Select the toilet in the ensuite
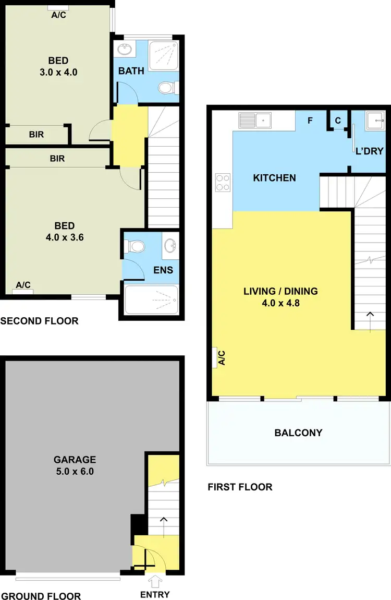pyautogui.click(x=137, y=245)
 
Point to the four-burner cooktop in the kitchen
pyautogui.click(x=223, y=182)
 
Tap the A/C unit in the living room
pyautogui.click(x=215, y=357)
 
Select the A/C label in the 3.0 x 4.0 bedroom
pyautogui.click(x=58, y=15)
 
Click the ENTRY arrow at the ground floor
pyautogui.click(x=155, y=580)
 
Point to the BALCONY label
pyautogui.click(x=298, y=433)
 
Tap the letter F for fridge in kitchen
pyautogui.click(x=310, y=121)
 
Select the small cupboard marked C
pyautogui.click(x=338, y=121)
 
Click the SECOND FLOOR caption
pyautogui.click(x=39, y=321)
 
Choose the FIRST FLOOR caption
pyautogui.click(x=240, y=487)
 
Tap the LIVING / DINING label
pyautogui.click(x=280, y=291)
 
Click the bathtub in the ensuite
pyautogui.click(x=151, y=300)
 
